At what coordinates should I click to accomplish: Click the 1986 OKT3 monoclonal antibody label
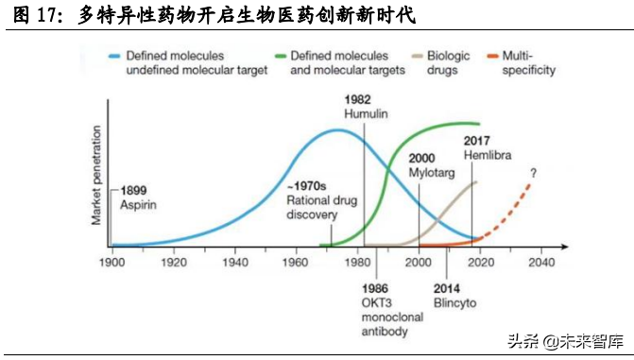[x=390, y=309]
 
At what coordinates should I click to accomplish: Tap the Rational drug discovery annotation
[x=313, y=200]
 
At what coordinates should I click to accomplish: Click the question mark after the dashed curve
[x=533, y=173]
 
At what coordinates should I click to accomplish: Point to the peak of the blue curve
[x=334, y=129]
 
